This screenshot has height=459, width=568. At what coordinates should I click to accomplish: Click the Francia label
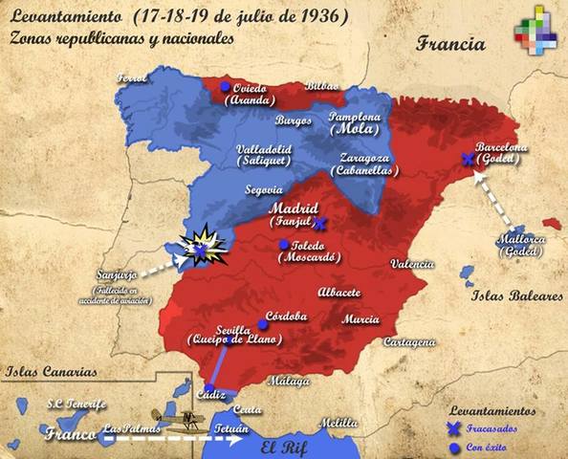click(450, 44)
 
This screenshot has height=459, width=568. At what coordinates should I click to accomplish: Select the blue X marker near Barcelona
click(466, 160)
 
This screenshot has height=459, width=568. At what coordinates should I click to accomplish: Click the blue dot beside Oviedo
click(225, 87)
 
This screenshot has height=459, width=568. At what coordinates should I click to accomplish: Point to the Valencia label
click(414, 265)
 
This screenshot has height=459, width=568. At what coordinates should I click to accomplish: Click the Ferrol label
click(134, 78)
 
